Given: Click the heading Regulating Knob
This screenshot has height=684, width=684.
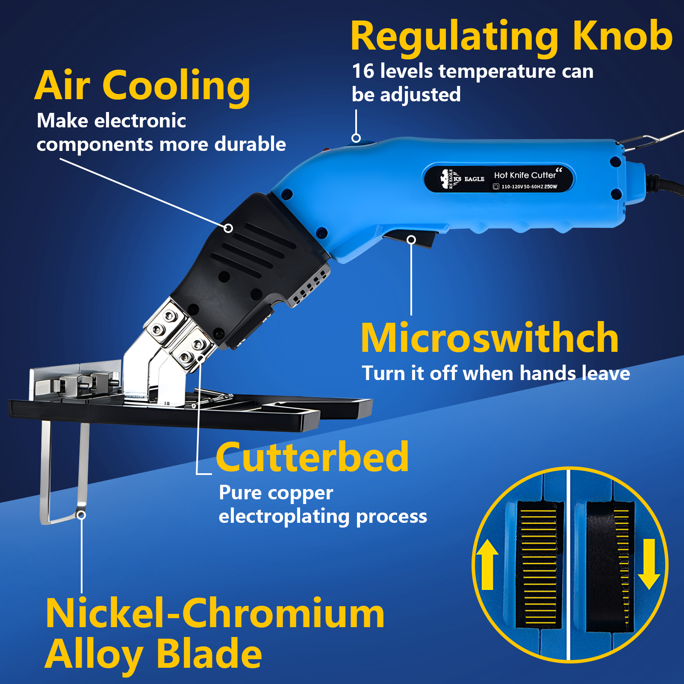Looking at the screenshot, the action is (511, 37).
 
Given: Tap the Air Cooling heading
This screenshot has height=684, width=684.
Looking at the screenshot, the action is (142, 86).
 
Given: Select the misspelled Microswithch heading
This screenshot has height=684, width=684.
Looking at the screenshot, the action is (490, 338).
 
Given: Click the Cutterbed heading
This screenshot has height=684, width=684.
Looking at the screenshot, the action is (312, 457).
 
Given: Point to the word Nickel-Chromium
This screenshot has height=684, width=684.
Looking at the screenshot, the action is (215, 614).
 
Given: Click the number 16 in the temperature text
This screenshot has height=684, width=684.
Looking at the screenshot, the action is (363, 71).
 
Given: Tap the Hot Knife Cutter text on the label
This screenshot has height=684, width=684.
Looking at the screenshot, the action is (525, 175).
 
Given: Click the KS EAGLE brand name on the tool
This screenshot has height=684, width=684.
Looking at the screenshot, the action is (469, 179).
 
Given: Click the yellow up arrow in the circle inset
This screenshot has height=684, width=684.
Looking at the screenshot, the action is (487, 564).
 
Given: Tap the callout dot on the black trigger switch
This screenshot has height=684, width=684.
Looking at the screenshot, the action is (411, 239).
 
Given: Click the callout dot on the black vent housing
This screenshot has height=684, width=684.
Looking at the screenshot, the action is (228, 228).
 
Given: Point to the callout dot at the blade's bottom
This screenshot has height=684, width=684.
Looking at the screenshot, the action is (81, 515).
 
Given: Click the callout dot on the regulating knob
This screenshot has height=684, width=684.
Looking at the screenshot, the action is (356, 138).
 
